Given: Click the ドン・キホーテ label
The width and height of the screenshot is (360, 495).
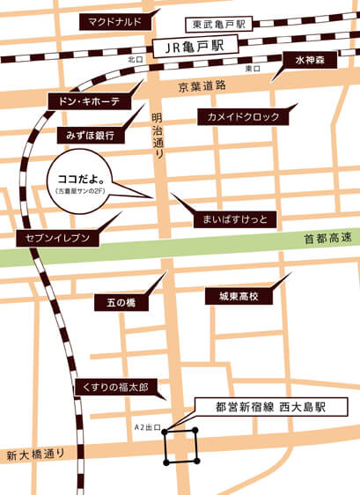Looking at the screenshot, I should click(89, 101).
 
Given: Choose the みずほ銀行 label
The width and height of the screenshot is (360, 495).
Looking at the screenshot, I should click(91, 136).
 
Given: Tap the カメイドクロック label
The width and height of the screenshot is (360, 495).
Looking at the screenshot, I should click(242, 116).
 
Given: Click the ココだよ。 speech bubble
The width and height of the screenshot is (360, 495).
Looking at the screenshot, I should click(79, 181).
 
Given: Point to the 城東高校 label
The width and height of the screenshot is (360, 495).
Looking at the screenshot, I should click(233, 298).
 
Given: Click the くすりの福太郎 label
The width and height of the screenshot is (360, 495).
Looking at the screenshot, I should click(112, 387).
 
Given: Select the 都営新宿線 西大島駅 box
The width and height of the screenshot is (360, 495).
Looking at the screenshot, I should click(270, 408).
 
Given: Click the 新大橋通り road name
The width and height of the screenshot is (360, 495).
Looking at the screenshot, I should click(36, 454).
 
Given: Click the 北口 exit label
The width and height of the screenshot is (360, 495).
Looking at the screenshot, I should click(135, 60).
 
